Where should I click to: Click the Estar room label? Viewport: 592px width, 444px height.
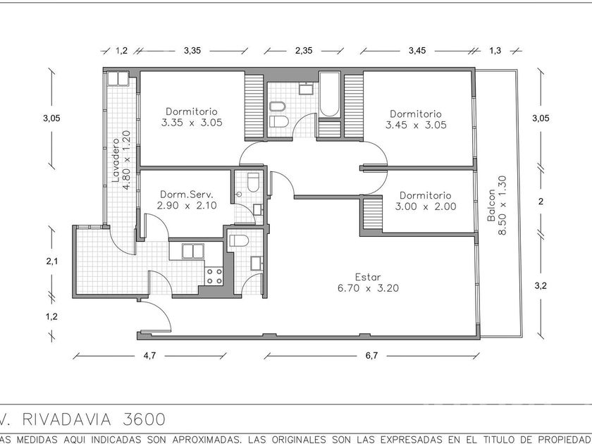pos(368,277)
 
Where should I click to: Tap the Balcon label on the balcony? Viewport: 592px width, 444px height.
pos(491,205)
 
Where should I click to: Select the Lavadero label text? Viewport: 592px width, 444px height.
pos(116,160)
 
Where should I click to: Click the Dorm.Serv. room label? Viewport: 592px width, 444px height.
pos(187,195)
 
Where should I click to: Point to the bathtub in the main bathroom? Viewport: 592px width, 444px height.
pos(329,94)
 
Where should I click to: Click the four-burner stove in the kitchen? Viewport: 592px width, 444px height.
pos(214,276)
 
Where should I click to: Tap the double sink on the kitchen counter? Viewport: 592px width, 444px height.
pos(193,251)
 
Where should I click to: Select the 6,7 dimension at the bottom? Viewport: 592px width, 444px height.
pos(371,356)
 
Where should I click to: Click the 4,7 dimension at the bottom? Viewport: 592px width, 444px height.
pos(149,356)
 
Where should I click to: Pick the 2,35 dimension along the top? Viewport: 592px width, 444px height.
pos(304,51)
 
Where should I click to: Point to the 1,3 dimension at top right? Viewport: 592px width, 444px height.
pos(495,51)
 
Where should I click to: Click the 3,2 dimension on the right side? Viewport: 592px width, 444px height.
pos(541,286)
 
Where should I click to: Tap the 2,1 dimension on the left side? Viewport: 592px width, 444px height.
pos(52,261)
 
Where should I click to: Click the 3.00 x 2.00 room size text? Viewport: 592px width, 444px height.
pos(426,206)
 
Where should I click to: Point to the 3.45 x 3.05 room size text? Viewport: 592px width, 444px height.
pos(416,125)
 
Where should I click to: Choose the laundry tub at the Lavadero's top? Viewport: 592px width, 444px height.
pos(118,78)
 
